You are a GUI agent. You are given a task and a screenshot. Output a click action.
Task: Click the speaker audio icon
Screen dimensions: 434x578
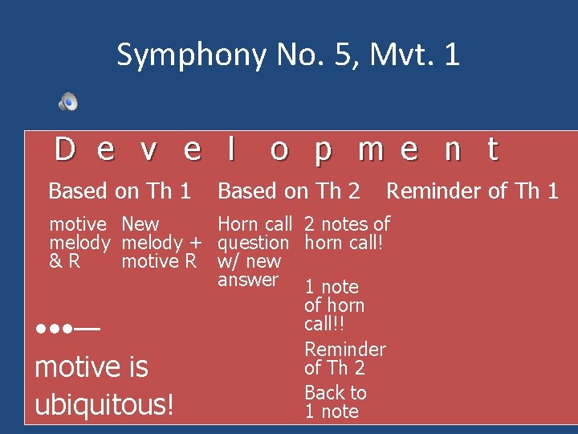[x=68, y=101]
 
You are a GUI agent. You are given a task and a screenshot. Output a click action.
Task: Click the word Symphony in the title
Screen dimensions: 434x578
[x=191, y=55]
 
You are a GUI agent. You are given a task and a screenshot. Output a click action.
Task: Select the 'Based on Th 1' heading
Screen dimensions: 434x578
[x=120, y=191]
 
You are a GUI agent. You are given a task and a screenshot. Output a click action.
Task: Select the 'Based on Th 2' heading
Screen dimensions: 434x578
[x=289, y=191]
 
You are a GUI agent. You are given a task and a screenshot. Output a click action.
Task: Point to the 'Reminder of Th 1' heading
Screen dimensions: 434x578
[x=472, y=191]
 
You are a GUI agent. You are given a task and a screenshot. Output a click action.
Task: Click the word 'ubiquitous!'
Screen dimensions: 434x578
[x=104, y=404]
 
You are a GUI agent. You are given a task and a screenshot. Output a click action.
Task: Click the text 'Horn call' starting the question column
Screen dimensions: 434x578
[x=254, y=224]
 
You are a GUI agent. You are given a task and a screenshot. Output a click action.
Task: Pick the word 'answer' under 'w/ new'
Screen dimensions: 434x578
[x=247, y=280]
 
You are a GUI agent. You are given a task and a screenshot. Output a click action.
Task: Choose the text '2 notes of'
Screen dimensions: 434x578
[x=347, y=224]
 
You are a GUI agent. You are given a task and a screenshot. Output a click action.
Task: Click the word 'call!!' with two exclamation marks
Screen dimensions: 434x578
[x=324, y=324]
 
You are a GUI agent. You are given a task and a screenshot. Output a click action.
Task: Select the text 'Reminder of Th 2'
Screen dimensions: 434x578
[x=344, y=358]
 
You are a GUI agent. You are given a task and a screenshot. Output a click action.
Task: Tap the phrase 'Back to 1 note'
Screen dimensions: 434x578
[x=335, y=402]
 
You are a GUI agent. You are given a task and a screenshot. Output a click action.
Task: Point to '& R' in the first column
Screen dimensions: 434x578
[x=65, y=261]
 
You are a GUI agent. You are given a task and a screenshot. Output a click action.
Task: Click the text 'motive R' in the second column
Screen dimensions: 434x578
[x=158, y=261]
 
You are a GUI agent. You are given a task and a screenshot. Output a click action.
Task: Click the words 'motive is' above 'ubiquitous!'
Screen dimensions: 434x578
[x=92, y=367]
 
